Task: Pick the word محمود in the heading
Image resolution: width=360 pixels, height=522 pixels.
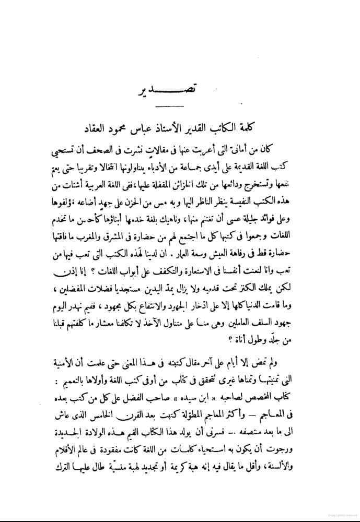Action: click(x=126, y=128)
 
